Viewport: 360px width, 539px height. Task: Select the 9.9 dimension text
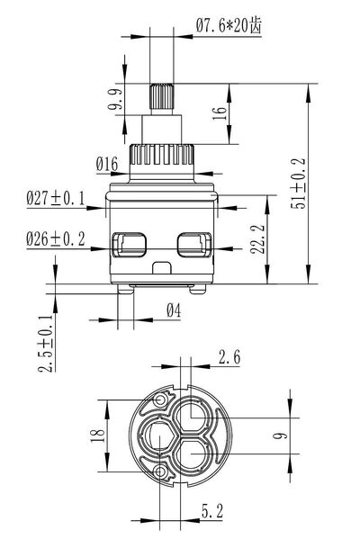pyautogui.click(x=115, y=99)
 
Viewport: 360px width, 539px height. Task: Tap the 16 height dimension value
pyautogui.click(x=220, y=112)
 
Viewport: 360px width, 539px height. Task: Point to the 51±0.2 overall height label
pyautogui.click(x=298, y=184)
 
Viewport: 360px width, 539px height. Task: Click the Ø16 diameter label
pyautogui.click(x=107, y=164)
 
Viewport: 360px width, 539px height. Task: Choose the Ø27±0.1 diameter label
pyautogui.click(x=56, y=198)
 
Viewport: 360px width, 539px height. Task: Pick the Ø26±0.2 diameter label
pyautogui.click(x=56, y=239)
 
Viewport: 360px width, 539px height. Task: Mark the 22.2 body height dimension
pyautogui.click(x=257, y=239)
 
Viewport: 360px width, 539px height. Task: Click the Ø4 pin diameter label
pyautogui.click(x=174, y=310)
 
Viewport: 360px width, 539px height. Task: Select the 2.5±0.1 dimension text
pyautogui.click(x=46, y=343)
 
